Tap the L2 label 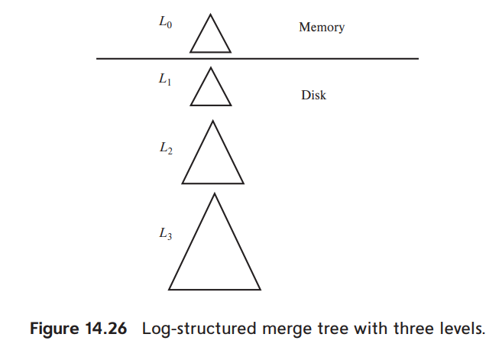[165, 149]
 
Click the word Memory [321, 28]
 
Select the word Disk [313, 96]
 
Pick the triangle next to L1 [210, 90]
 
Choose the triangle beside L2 [213, 161]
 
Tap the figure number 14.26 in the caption [105, 331]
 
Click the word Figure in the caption [53, 331]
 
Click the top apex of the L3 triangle [215, 194]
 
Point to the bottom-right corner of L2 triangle [243, 183]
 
